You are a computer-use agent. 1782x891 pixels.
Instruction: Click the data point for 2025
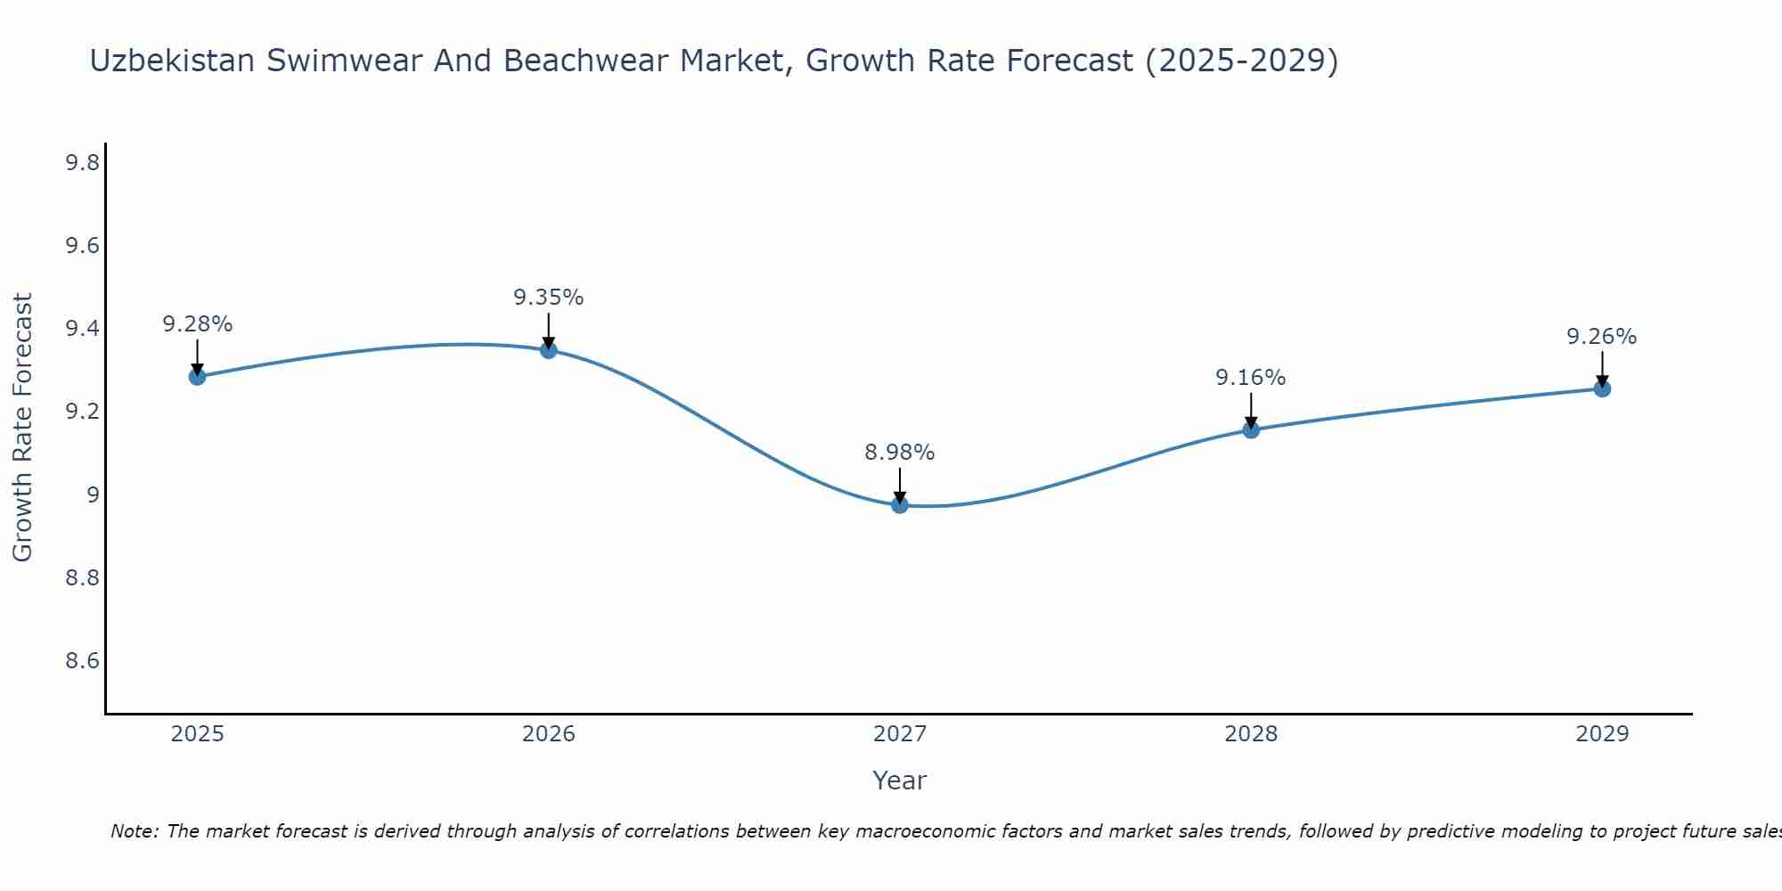(197, 377)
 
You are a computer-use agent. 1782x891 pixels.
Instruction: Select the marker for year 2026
(549, 350)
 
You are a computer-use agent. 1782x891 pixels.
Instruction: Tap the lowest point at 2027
(900, 505)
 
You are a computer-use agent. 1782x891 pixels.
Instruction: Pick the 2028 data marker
(1251, 430)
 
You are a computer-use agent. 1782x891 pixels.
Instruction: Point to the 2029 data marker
(1602, 388)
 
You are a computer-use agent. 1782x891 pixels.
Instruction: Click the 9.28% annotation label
(197, 324)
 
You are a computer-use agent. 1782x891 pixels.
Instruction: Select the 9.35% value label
(549, 298)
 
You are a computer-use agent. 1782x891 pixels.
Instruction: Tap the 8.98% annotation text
(900, 453)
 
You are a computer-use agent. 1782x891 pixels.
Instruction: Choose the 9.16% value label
(1251, 378)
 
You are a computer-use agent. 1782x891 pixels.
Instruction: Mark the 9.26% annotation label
(1602, 337)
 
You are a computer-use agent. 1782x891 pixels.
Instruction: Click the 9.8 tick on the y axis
(82, 162)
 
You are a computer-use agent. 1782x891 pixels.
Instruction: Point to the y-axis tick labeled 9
(94, 495)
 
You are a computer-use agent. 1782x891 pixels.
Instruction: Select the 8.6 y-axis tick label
(82, 661)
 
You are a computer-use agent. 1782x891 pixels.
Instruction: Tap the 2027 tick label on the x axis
(900, 734)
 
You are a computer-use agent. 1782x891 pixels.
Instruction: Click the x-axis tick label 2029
(1602, 734)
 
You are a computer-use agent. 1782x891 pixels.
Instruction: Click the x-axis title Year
(900, 781)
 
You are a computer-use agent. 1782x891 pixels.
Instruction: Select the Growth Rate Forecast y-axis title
(22, 428)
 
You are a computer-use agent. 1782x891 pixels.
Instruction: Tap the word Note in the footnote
(134, 831)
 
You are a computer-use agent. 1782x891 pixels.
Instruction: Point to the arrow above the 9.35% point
(549, 330)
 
